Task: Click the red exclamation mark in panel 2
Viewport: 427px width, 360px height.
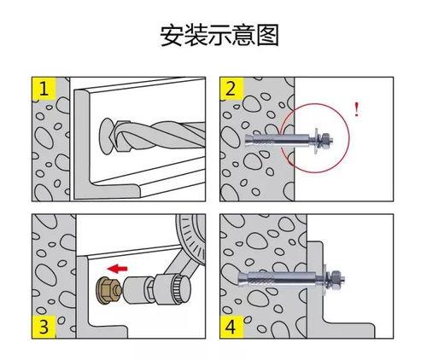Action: coord(354,108)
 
